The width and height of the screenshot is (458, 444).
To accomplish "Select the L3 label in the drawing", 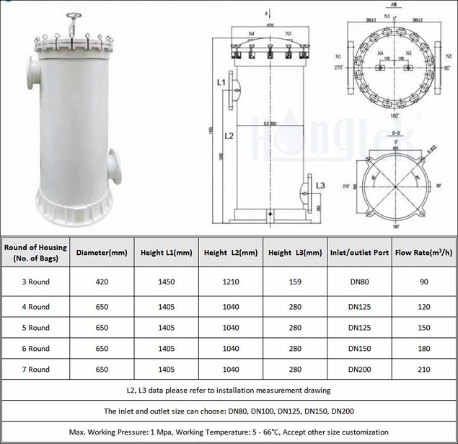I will (321, 186).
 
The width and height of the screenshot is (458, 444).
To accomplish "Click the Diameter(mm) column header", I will (101, 253).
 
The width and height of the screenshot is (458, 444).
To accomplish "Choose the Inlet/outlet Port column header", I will (358, 253).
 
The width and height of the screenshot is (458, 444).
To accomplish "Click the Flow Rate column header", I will (424, 253).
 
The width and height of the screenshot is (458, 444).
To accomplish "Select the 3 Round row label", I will (35, 282).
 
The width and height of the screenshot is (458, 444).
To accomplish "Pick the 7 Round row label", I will (35, 369).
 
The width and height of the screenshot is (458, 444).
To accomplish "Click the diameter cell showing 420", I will (101, 282).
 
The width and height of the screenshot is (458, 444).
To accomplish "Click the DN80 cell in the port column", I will (358, 282).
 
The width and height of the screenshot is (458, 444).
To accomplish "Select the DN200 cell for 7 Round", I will (358, 369).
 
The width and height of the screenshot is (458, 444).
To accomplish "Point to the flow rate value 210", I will (424, 369).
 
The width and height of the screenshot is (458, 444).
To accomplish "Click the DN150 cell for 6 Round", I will (358, 348).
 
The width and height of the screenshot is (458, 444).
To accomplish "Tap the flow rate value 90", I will (424, 282).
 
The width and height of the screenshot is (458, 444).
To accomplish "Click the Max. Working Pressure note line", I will (228, 432).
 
